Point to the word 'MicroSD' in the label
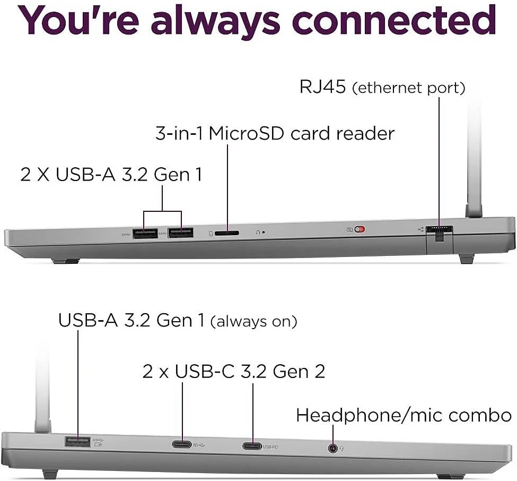247,133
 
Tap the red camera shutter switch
360,230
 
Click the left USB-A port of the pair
145,232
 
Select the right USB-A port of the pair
180,232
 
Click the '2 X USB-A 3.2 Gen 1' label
111,174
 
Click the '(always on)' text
253,322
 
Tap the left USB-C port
182,445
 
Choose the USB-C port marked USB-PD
252,446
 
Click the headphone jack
332,448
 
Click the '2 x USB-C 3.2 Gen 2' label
233,371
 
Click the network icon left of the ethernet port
421,229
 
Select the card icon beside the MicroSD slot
212,233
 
